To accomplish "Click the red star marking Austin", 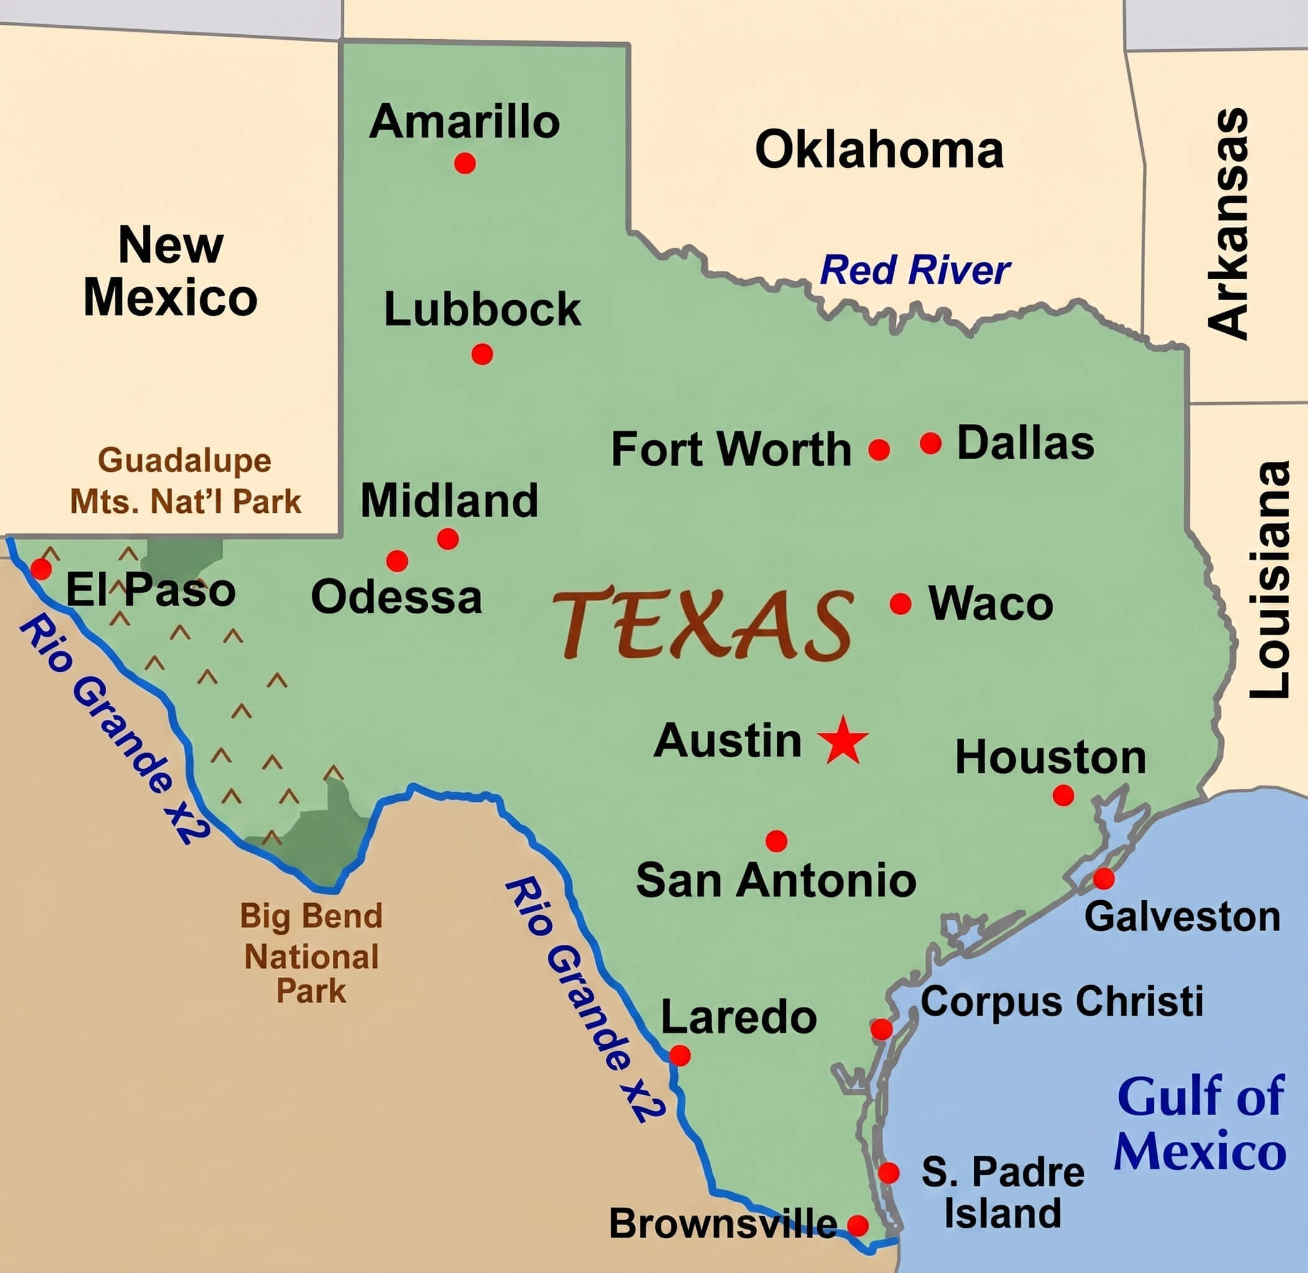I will (843, 740).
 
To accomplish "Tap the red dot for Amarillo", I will (465, 162).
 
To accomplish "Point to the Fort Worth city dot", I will (879, 449).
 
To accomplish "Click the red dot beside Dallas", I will (931, 443).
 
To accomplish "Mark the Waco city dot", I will (901, 604).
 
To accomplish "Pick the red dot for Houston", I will (1063, 795).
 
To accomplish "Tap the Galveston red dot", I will (1103, 878).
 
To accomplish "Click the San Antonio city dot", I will (776, 840).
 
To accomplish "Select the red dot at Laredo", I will (679, 1055).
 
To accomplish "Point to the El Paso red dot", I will (41, 569).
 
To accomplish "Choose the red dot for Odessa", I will (397, 560).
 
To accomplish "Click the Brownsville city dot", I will (858, 1226).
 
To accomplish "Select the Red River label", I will (915, 271).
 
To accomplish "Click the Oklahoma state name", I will (878, 150).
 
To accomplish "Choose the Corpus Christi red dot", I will (882, 1029).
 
